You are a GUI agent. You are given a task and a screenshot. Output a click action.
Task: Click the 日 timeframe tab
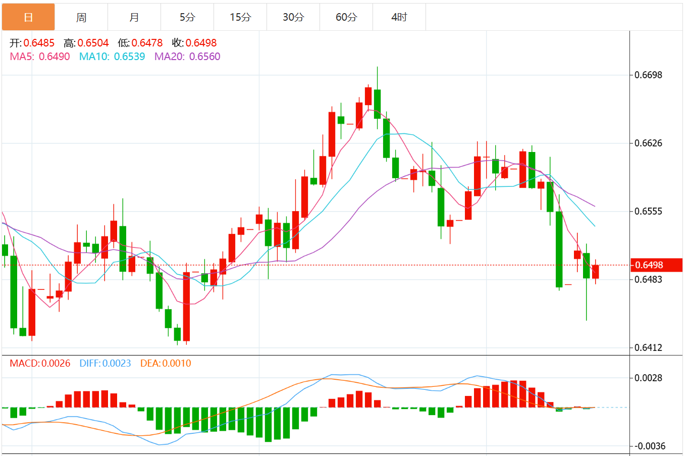click(x=28, y=17)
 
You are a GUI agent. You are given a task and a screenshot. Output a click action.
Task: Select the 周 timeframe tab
click(x=81, y=17)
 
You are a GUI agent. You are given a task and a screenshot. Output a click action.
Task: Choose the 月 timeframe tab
click(x=134, y=17)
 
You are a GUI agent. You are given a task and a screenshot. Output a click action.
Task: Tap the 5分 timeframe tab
click(x=187, y=17)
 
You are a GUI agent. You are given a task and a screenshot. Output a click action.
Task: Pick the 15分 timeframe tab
click(x=240, y=17)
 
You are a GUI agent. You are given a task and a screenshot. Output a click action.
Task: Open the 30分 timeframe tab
click(x=293, y=17)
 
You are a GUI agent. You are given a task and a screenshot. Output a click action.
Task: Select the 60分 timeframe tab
click(x=346, y=17)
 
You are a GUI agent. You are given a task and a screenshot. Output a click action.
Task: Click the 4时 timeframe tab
click(x=399, y=17)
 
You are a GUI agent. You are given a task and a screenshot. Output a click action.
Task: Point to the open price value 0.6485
click(x=39, y=43)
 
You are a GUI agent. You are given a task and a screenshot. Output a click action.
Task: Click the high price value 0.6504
click(x=93, y=43)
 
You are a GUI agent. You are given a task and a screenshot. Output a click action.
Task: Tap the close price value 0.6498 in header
click(x=201, y=43)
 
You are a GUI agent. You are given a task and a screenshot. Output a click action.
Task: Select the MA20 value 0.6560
click(x=204, y=57)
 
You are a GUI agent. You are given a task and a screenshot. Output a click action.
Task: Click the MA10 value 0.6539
click(x=129, y=57)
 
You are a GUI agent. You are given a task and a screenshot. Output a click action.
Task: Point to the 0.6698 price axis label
click(x=648, y=75)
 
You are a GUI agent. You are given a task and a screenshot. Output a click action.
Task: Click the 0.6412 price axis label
click(x=648, y=347)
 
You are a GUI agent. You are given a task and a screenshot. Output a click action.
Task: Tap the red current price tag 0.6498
click(x=656, y=265)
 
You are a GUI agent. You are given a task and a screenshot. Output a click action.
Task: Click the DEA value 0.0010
click(x=177, y=363)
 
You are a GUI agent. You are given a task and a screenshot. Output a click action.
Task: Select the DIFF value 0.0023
click(x=116, y=363)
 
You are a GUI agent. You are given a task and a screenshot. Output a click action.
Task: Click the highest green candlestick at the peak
click(x=377, y=104)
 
